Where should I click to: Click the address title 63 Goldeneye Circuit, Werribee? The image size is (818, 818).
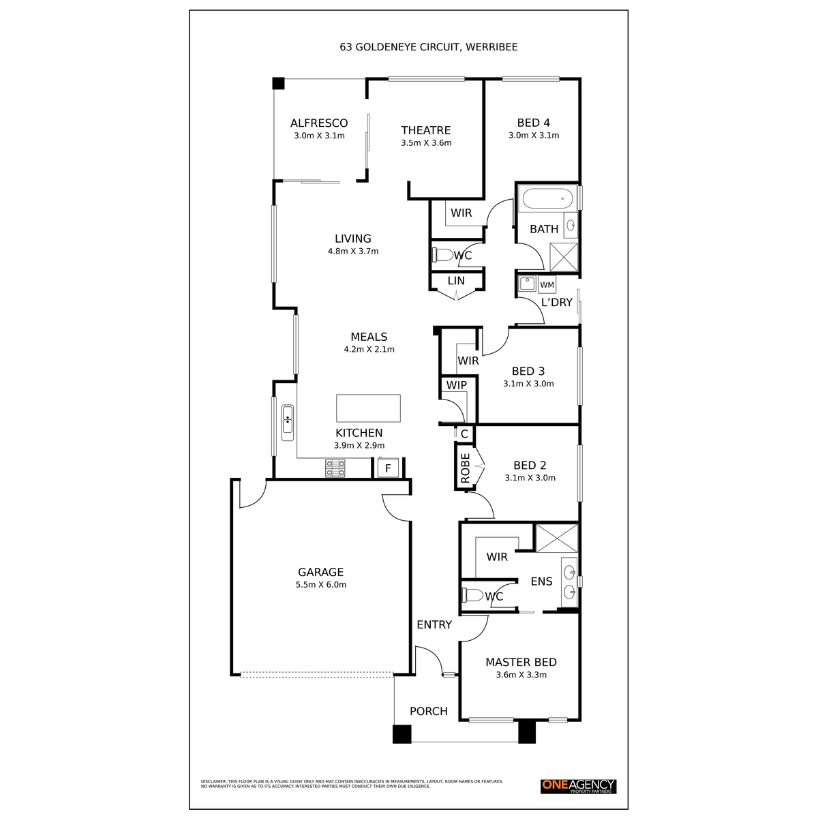point(429,47)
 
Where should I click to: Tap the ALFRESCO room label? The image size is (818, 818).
point(319,123)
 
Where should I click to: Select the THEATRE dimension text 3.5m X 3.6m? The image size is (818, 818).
point(426,143)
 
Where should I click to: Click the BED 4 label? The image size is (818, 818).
point(533,123)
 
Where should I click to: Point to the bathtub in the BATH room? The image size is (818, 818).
point(548,200)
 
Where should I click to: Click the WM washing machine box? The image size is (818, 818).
point(547,284)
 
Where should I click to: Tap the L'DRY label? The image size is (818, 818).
point(556,302)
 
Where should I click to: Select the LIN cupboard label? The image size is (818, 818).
point(456,280)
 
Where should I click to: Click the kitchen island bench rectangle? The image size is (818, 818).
point(368,408)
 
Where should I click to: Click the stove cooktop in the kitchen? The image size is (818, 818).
point(335,468)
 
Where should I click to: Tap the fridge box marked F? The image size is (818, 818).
point(388,468)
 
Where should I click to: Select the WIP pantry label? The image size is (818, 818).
point(457,385)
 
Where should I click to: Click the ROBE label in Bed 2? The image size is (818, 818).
point(466,468)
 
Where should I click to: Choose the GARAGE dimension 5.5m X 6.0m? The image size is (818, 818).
point(320,585)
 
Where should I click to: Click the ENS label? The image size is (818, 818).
point(541,581)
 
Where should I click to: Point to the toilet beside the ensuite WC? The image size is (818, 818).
point(471,595)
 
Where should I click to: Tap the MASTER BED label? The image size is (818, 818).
point(521,662)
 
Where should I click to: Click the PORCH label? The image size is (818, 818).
point(428,711)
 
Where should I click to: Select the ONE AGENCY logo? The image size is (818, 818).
point(578,787)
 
